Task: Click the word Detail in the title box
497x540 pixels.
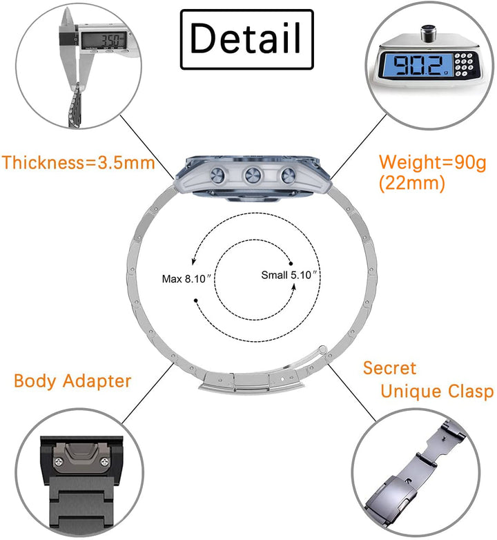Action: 246,38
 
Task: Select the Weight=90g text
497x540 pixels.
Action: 433,163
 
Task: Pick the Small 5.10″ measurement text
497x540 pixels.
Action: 289,275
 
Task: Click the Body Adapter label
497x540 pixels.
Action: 72,380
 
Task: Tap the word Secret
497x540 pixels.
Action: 390,367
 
